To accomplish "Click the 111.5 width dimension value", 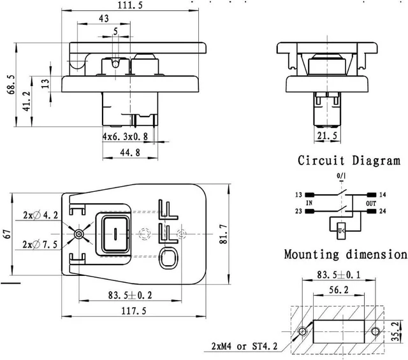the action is tap(130, 5).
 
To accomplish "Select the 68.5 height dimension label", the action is tap(11, 85).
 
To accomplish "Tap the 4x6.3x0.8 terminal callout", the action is tap(125, 136).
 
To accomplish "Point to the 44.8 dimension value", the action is tap(130, 152).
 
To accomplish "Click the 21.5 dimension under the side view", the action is tap(327, 136).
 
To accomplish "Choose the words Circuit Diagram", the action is tap(349, 160).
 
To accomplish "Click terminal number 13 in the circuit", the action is tap(298, 194).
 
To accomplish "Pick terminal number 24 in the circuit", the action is tap(382, 211).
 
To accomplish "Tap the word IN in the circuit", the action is tap(309, 203).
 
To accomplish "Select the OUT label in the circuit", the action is tap(371, 203).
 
